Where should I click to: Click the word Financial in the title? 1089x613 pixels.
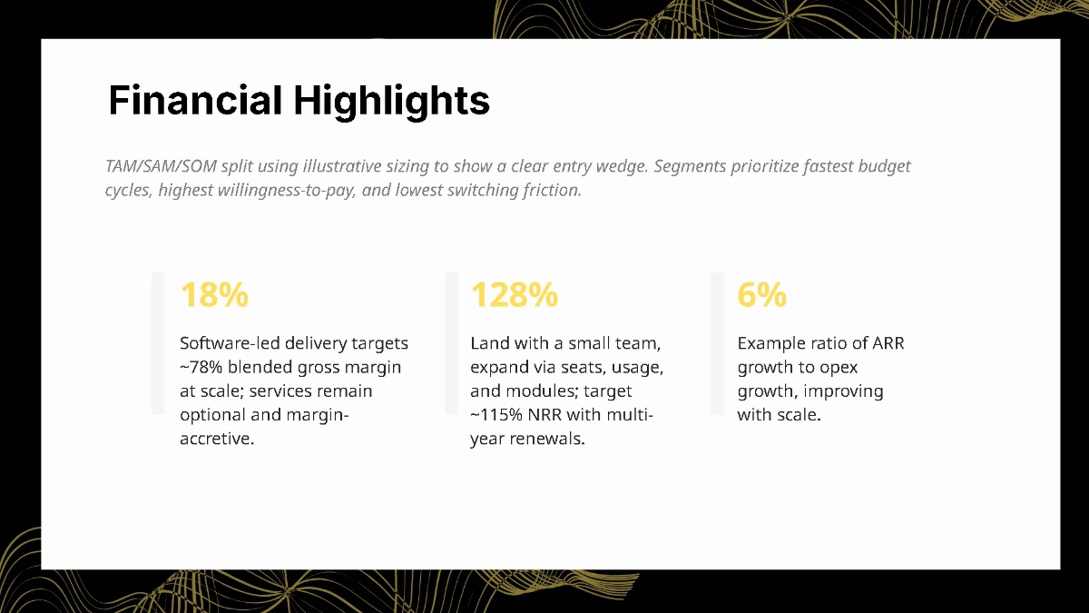click(195, 100)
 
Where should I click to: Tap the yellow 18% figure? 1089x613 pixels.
click(214, 295)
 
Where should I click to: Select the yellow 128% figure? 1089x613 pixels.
click(514, 295)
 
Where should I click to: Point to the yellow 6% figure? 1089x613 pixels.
click(761, 295)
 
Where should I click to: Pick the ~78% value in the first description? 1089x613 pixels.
click(200, 367)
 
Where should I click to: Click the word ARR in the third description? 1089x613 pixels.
click(888, 343)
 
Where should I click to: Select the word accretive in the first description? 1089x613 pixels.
click(217, 440)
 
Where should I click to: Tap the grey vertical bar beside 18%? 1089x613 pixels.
click(157, 343)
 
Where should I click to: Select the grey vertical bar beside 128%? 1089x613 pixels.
click(451, 343)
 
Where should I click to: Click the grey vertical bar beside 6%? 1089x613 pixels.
click(717, 343)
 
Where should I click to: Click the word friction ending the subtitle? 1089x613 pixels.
click(550, 191)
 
